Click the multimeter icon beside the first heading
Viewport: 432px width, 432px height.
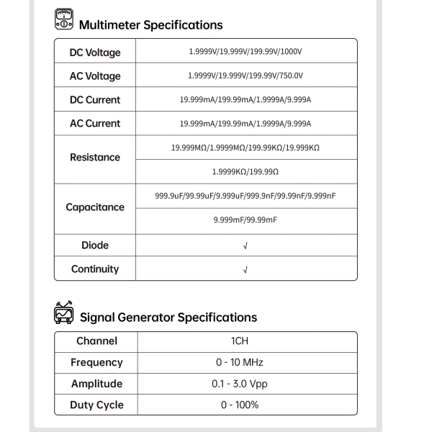pyautogui.click(x=64, y=19)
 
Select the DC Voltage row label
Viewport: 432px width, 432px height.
pyautogui.click(x=95, y=53)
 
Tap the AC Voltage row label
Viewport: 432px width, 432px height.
pyautogui.click(x=95, y=76)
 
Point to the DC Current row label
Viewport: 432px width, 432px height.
pyautogui.click(x=95, y=100)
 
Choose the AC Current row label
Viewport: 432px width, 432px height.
pyautogui.click(x=95, y=124)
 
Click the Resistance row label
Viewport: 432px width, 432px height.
pyautogui.click(x=95, y=157)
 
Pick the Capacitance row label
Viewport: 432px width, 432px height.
pyautogui.click(x=95, y=207)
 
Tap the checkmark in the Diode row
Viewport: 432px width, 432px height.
pyautogui.click(x=246, y=246)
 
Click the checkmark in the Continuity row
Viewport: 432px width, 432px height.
pyautogui.click(x=246, y=269)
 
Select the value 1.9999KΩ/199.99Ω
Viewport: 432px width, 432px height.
pyautogui.click(x=246, y=172)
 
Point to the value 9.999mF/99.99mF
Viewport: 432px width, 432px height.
pyautogui.click(x=246, y=220)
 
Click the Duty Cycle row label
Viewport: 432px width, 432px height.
pyautogui.click(x=96, y=405)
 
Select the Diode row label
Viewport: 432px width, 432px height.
pyautogui.click(x=95, y=246)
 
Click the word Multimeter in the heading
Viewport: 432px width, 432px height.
pyautogui.click(x=110, y=25)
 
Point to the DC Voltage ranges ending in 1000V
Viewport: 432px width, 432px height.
pyautogui.click(x=246, y=53)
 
